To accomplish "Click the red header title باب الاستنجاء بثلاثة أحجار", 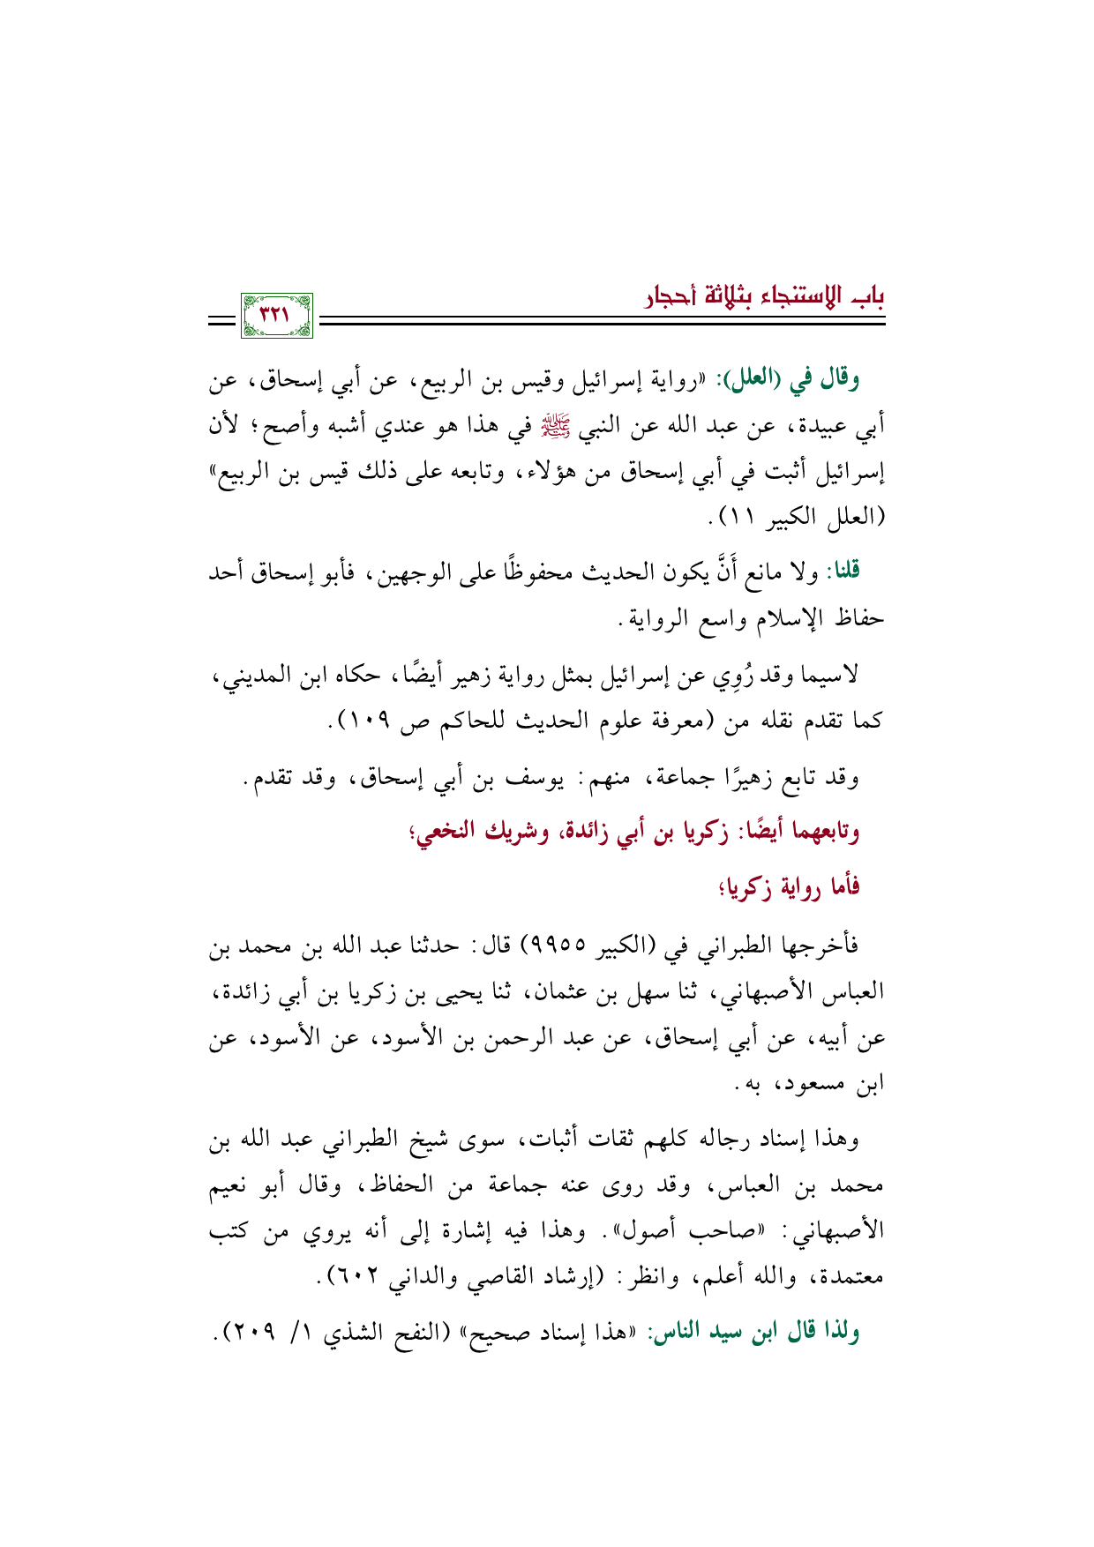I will (x=764, y=295).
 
